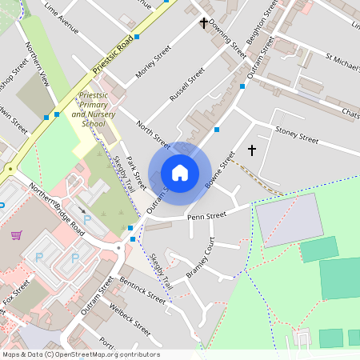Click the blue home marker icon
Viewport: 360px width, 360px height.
(x=180, y=173)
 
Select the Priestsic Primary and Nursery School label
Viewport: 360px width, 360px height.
(x=88, y=110)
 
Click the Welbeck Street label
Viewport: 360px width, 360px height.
(x=130, y=318)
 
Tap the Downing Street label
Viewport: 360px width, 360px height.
(x=229, y=40)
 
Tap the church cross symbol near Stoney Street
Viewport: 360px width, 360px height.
(x=252, y=150)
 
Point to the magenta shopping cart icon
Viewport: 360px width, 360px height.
(x=16, y=235)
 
